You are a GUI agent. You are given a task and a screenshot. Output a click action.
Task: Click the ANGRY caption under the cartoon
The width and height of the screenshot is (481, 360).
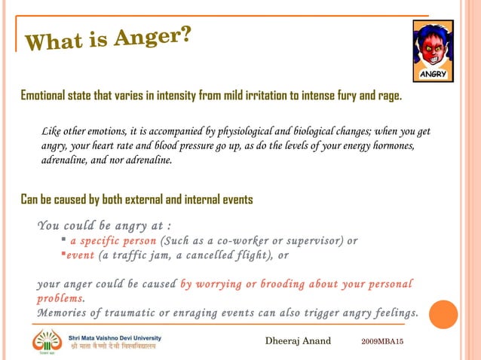point(434,75)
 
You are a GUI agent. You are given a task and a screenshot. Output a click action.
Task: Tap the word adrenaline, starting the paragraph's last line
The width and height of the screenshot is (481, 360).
point(69,160)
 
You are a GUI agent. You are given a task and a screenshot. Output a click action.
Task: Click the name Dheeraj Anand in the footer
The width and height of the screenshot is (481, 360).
point(298,341)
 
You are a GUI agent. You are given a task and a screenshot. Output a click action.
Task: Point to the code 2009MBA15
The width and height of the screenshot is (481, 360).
point(382,342)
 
